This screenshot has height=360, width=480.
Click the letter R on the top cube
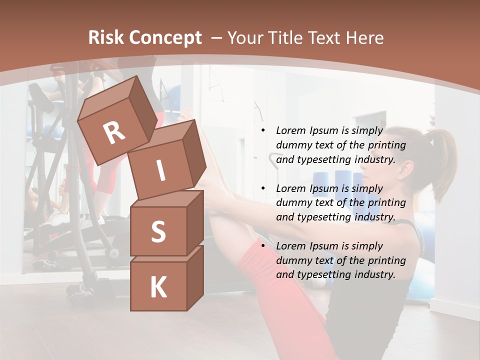click(114, 133)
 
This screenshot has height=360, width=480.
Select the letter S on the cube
click(158, 231)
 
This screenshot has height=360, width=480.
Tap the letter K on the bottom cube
click(158, 287)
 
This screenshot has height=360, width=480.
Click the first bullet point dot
click(263, 130)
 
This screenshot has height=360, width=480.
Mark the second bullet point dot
click(263, 188)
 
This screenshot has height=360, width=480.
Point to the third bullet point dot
click(263, 246)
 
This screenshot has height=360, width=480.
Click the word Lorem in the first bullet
click(290, 130)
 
